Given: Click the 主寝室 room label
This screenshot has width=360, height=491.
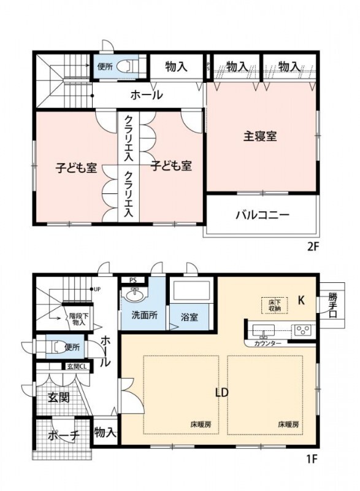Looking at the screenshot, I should coord(259,136).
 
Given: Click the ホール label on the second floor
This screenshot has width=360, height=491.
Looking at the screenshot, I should coord(146,95).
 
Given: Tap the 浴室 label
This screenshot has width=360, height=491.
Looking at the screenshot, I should coord(190,317).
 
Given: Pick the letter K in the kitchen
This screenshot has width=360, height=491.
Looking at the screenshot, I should coord(301,301).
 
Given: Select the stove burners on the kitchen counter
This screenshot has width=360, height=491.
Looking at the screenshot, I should coord(302,330).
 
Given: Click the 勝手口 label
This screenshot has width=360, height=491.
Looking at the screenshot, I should coord(332,306).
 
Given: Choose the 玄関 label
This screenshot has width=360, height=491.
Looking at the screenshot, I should coord(58,397).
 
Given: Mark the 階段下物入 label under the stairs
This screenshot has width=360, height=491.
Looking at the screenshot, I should coord(77,319).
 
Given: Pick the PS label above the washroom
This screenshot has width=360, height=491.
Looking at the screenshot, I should coord(132,281).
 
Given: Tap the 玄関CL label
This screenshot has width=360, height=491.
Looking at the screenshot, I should coord(75,367).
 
